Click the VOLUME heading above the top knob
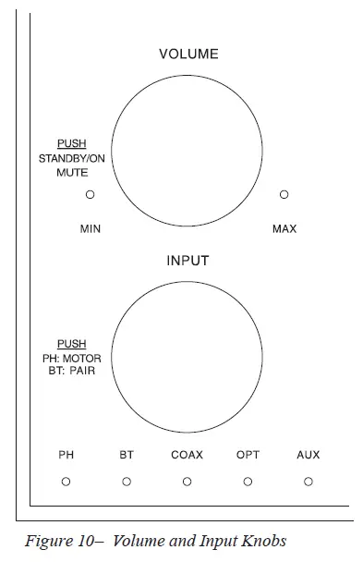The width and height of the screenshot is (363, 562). click(188, 55)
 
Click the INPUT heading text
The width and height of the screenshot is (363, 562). click(188, 261)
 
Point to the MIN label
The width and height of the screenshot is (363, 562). click(91, 228)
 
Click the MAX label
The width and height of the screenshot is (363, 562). click(284, 228)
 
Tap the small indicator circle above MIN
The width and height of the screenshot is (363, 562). click(91, 195)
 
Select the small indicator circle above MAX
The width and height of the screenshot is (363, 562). click(284, 195)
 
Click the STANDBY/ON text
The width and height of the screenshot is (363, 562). click(71, 159)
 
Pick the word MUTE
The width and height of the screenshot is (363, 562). click(71, 172)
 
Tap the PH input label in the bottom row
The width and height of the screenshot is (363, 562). click(67, 455)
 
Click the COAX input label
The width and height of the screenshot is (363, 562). click(188, 455)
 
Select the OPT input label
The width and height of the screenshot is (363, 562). click(248, 455)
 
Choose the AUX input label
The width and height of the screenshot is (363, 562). click(309, 455)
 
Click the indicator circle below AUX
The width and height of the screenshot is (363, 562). click(309, 482)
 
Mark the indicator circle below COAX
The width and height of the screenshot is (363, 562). click(188, 482)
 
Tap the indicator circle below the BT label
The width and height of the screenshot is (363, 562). click(127, 482)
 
